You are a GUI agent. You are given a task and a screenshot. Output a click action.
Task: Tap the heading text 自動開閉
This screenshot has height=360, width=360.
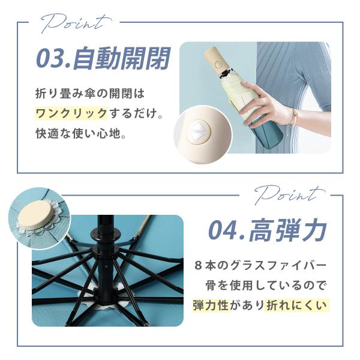[x=121, y=58]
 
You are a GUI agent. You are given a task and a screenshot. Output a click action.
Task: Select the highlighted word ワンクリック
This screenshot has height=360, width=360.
[x=71, y=113]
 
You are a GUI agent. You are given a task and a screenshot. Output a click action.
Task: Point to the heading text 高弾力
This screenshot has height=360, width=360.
[x=288, y=230]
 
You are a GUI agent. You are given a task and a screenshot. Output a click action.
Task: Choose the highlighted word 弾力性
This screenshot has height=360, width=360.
[x=211, y=305]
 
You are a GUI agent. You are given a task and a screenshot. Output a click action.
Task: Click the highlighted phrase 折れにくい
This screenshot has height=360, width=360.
[x=296, y=305]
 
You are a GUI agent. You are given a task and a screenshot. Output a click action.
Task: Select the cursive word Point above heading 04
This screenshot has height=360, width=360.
[x=289, y=195]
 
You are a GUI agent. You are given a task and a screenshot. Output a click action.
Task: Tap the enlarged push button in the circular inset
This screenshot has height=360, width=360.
[x=199, y=133]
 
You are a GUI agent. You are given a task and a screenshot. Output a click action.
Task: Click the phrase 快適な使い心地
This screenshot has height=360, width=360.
[x=78, y=133]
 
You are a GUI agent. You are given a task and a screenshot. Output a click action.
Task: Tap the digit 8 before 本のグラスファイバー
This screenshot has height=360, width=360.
[x=197, y=266]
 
